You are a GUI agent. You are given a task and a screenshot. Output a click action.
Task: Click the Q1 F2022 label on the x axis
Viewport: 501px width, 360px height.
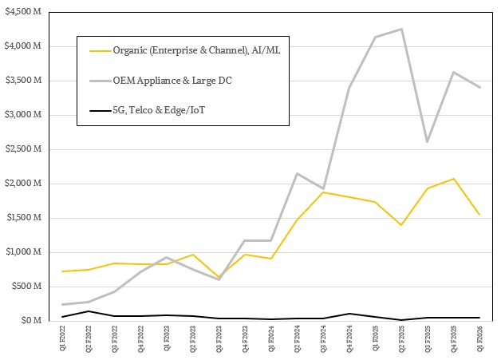click(x=62, y=340)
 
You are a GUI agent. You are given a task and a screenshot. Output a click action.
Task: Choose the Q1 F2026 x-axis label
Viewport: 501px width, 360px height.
click(x=479, y=340)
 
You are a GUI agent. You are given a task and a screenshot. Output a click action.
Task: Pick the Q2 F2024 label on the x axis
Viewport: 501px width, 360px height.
click(x=297, y=340)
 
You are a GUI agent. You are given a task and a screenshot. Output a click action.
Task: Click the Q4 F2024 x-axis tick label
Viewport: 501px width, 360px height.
click(x=349, y=340)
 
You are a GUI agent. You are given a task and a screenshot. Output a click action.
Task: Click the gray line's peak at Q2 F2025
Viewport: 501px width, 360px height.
click(x=401, y=30)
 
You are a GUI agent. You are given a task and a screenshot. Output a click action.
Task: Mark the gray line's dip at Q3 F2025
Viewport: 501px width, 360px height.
click(x=427, y=141)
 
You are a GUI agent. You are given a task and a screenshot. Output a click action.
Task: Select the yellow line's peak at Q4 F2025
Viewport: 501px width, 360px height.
click(x=453, y=179)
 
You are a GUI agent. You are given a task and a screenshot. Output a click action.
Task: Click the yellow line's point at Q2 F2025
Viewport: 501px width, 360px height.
click(x=401, y=225)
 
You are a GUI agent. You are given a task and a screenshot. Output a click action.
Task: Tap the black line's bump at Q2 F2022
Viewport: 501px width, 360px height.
click(x=89, y=311)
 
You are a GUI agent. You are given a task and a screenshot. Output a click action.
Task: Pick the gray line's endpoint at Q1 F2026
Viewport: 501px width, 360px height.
click(x=479, y=87)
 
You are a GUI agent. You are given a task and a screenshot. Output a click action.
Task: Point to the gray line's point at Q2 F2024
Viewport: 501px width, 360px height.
click(x=297, y=173)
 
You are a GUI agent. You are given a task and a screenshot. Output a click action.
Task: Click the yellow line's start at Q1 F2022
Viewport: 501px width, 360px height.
click(x=62, y=271)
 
